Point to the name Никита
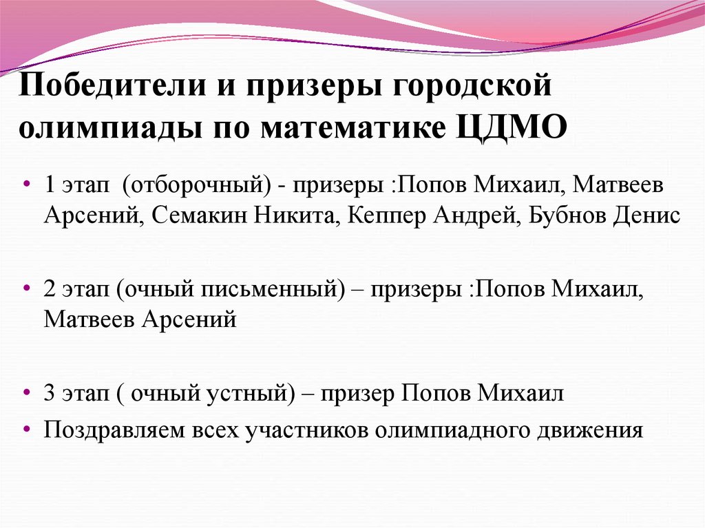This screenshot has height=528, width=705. pyautogui.click(x=293, y=215)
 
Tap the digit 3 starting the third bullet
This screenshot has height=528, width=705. pyautogui.click(x=49, y=394)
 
